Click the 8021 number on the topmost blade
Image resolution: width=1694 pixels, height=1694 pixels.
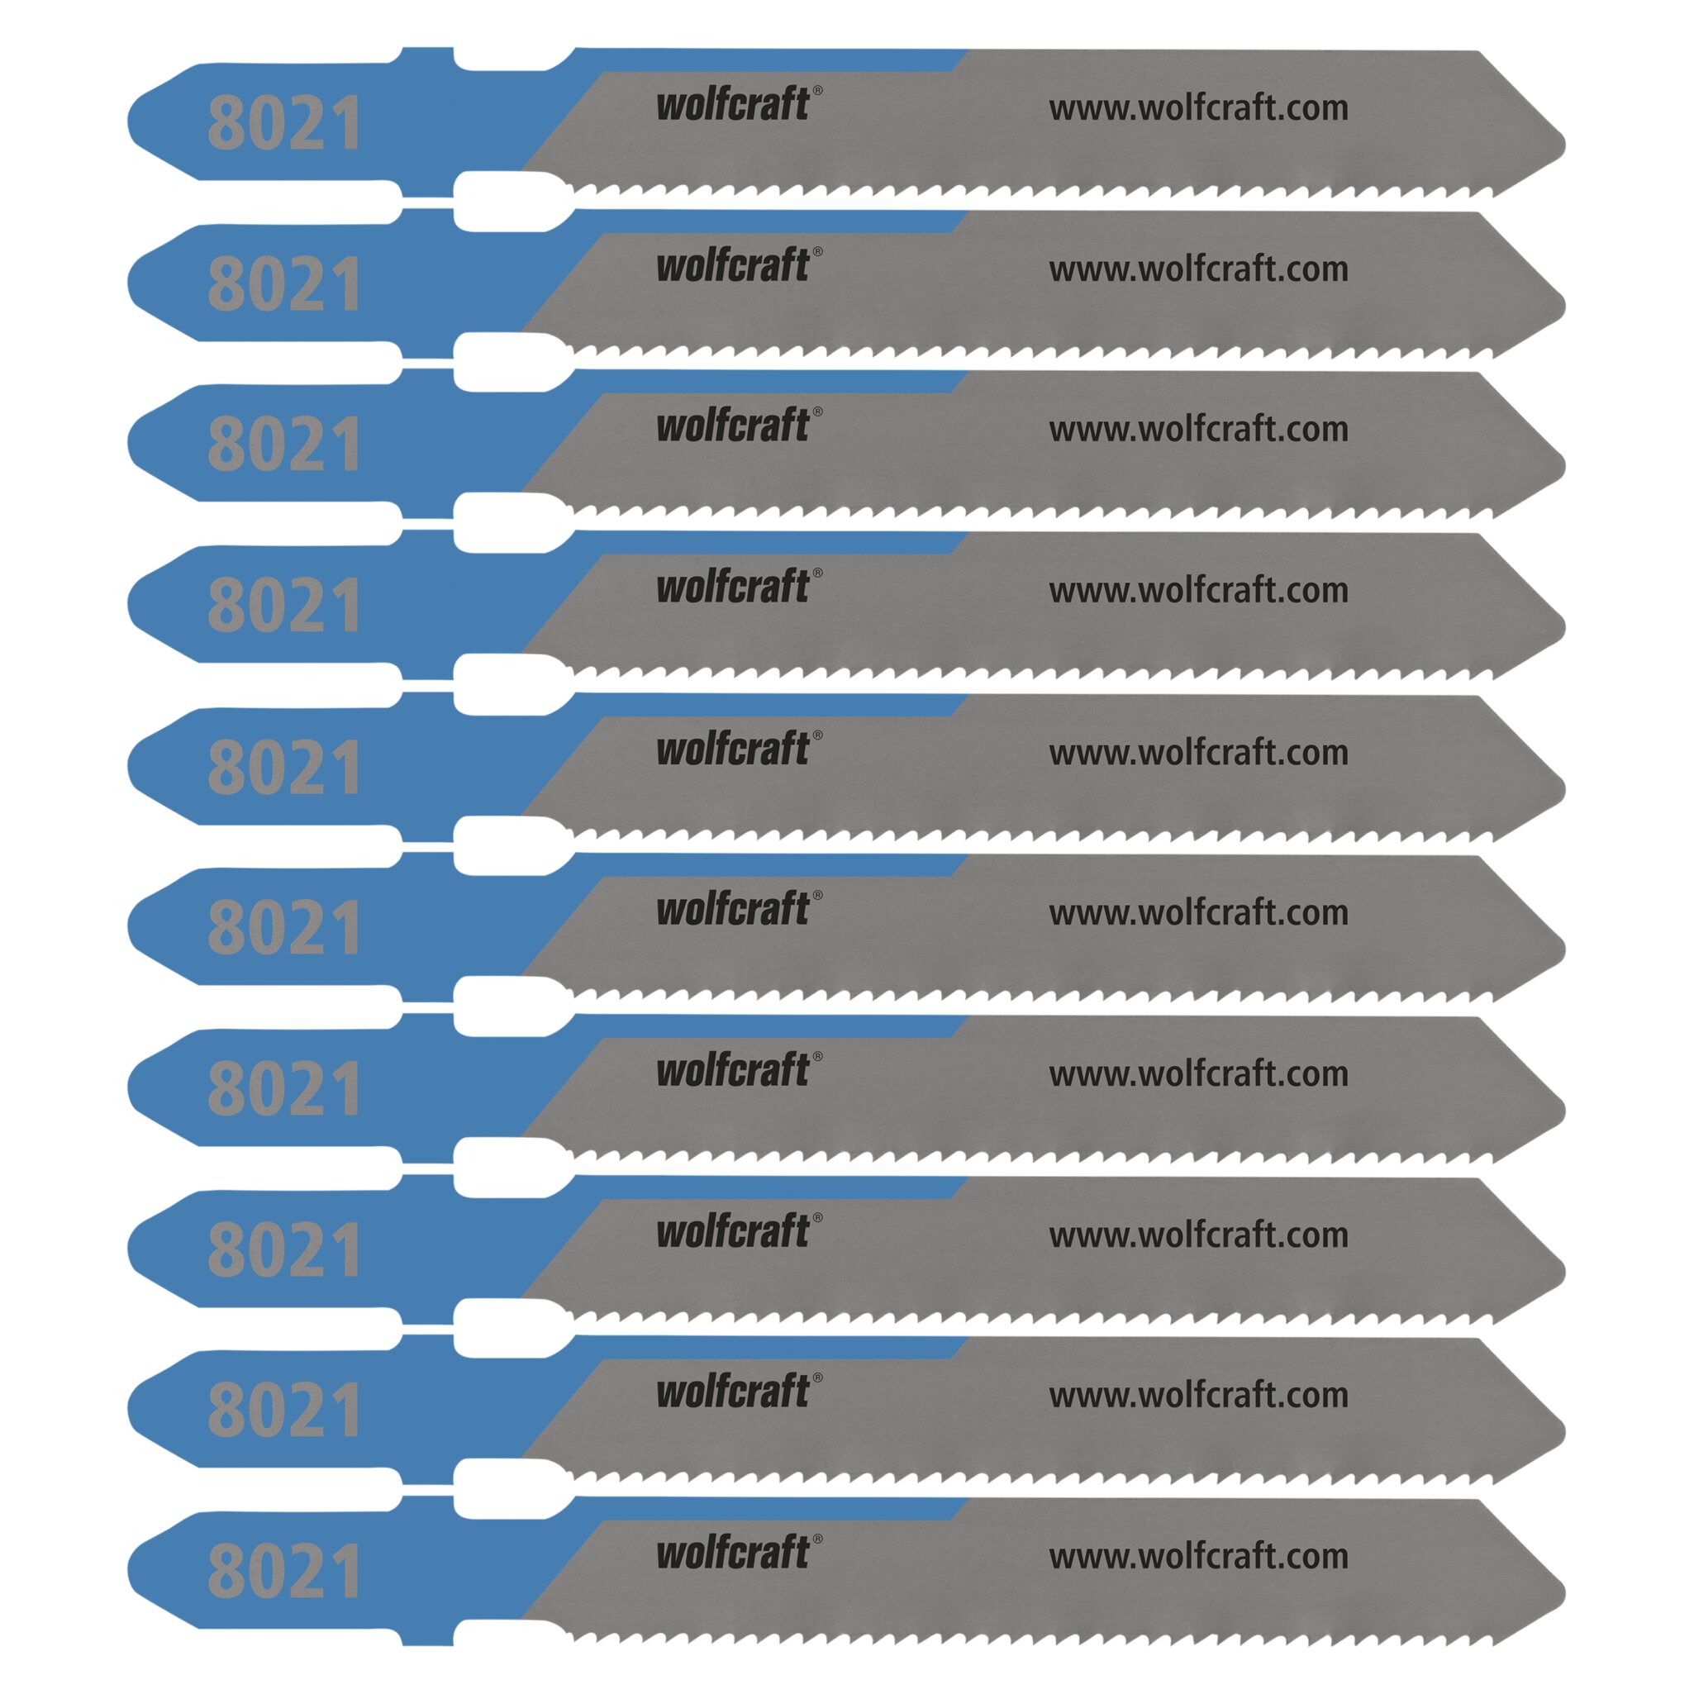tap(284, 123)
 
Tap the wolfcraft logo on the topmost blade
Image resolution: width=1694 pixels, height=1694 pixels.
tap(739, 103)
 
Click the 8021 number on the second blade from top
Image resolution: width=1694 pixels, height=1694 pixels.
tap(284, 283)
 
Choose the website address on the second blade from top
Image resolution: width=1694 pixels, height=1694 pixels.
tap(1198, 269)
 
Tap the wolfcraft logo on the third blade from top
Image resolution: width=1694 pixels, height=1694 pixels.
tap(739, 425)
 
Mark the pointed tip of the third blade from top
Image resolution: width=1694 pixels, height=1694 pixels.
tap(1565, 466)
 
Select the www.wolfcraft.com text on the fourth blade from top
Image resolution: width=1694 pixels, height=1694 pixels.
tap(1198, 591)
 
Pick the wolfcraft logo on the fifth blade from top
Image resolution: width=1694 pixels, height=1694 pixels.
tap(739, 748)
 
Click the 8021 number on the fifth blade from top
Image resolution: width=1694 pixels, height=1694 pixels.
tap(284, 766)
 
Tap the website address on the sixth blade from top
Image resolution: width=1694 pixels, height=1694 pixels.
tap(1198, 913)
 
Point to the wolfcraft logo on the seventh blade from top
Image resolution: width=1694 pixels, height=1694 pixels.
tap(739, 1068)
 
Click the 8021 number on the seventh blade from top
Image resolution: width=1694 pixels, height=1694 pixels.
tap(284, 1087)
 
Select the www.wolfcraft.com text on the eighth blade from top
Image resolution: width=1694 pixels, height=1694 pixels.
tap(1198, 1235)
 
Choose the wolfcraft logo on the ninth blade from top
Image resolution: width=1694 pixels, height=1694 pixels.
tap(739, 1391)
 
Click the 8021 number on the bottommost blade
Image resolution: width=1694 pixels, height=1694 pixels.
tap(284, 1570)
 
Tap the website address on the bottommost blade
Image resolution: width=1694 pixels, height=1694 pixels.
tap(1198, 1556)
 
